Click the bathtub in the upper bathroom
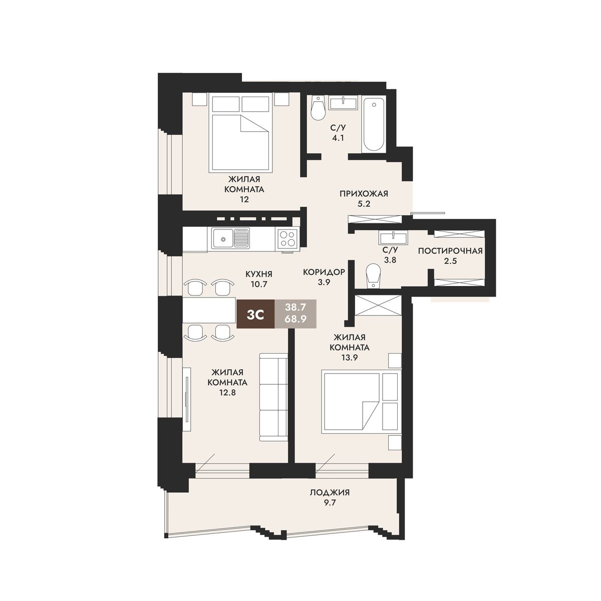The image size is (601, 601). [x=373, y=124]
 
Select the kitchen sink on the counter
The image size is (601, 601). [x=230, y=238]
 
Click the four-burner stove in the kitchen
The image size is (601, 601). [x=287, y=238]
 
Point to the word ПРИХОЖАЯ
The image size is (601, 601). [x=364, y=194]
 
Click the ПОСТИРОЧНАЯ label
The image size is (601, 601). [x=450, y=251]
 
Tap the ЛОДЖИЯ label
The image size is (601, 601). [x=330, y=492]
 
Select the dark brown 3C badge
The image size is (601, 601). [x=255, y=314]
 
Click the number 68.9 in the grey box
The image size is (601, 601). [x=295, y=319]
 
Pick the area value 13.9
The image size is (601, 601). [x=349, y=358]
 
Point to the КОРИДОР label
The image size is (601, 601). [x=324, y=272]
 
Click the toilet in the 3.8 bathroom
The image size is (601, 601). [x=374, y=276]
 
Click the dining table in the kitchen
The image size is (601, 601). [x=209, y=310]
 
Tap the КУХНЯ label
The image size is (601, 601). [x=259, y=274]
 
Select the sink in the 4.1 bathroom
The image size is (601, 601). [x=343, y=103]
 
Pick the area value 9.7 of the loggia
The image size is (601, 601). [x=330, y=503]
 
